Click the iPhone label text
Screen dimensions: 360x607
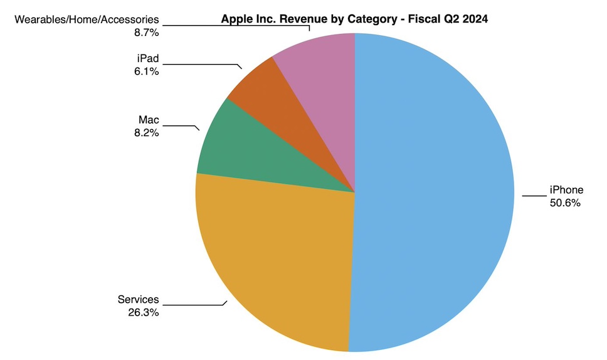pos(566,190)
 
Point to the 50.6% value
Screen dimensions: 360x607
pos(566,203)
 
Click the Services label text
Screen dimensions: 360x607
pos(138,299)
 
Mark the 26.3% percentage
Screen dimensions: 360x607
pos(143,311)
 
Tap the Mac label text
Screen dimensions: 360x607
pos(149,120)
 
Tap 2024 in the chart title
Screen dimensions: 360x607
pos(475,19)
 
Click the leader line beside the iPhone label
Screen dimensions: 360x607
pos(534,196)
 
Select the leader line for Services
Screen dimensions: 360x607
pos(194,305)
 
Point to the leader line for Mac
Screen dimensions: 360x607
pos(182,126)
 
